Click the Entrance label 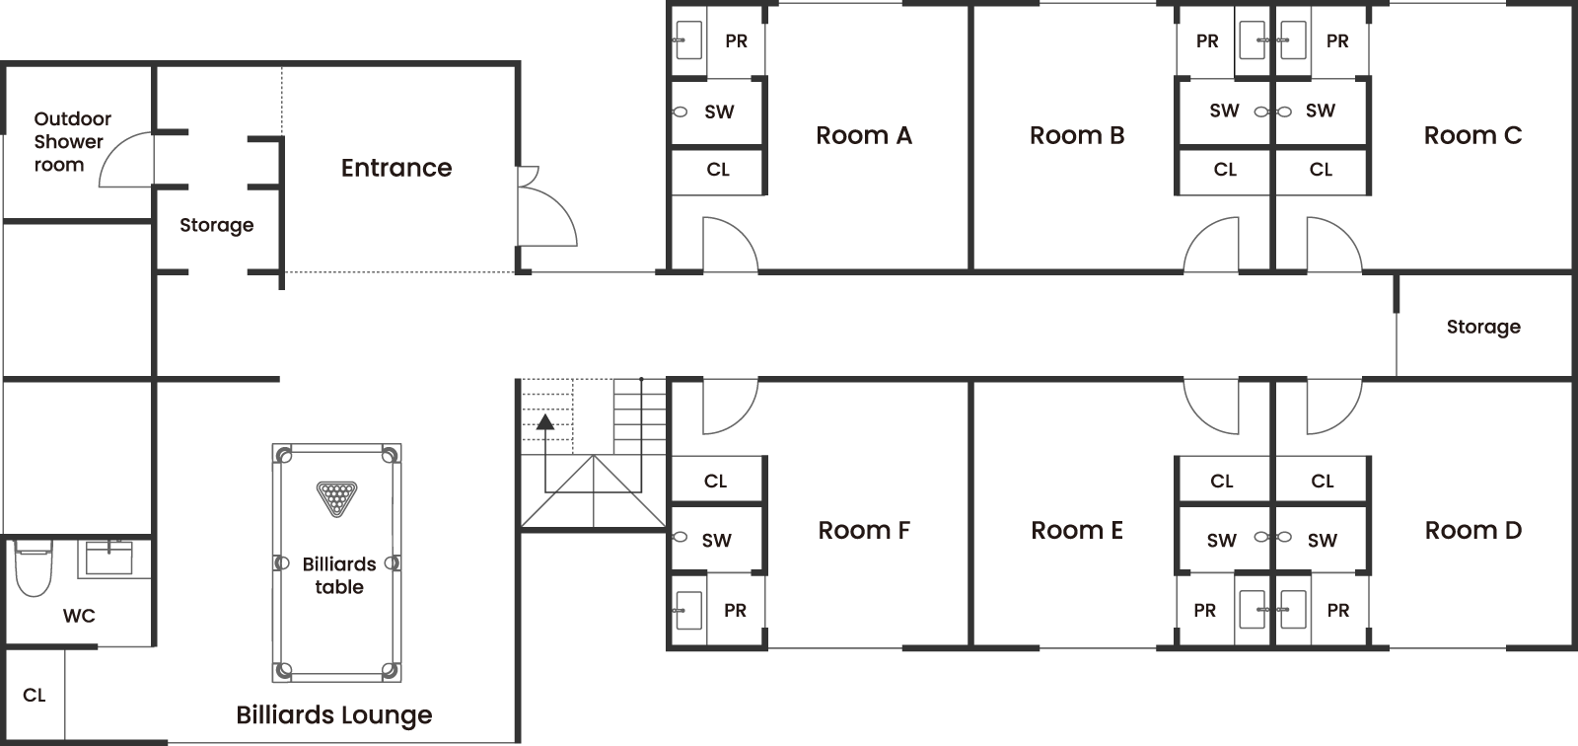tap(396, 168)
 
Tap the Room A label tap(864, 135)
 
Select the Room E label tap(1076, 530)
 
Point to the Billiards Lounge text tap(334, 715)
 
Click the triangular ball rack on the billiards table tap(336, 498)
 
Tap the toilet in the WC tap(34, 567)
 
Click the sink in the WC tap(109, 558)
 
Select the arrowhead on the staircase tap(545, 422)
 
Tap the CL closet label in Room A tap(718, 169)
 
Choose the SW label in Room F tap(716, 540)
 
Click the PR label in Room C tap(1337, 40)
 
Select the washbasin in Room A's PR tap(688, 39)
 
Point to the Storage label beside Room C tap(1483, 328)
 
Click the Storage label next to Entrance tap(216, 226)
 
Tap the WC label tap(79, 616)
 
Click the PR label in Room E tap(1204, 610)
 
